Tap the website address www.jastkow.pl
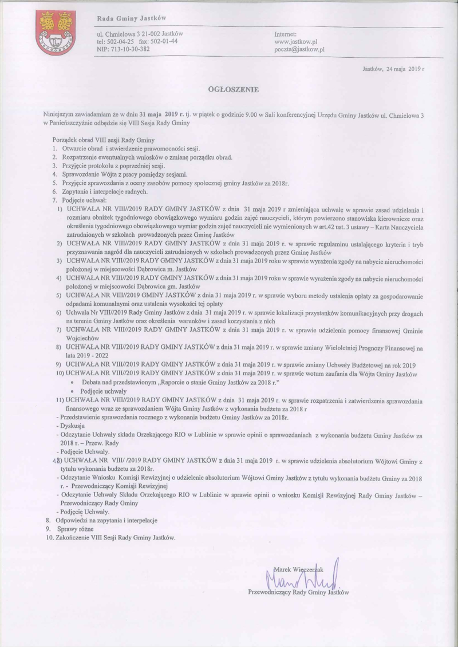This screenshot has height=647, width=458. tap(297, 42)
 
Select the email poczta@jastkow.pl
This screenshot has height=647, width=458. tap(300, 50)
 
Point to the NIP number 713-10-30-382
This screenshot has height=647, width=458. tap(124, 50)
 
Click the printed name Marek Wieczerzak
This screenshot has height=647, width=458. tap(299, 570)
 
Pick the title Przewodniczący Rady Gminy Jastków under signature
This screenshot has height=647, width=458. tap(298, 593)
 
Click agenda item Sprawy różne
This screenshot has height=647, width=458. tap(74, 529)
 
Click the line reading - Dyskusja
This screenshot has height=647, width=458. tap(72, 426)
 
